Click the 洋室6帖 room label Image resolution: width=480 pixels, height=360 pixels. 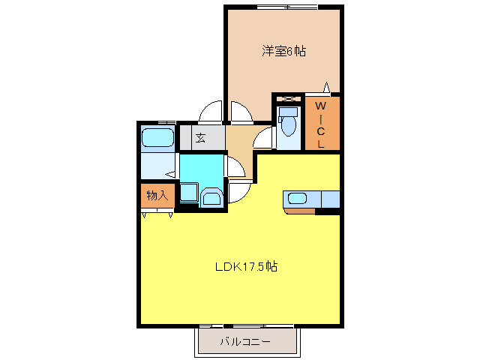(283, 52)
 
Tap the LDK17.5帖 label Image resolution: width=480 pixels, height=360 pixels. (247, 266)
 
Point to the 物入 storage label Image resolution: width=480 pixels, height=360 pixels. (157, 195)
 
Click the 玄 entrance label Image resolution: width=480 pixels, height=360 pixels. (200, 137)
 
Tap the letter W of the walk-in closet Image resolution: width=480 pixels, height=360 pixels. (320, 106)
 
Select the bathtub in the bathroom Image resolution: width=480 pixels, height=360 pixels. (157, 138)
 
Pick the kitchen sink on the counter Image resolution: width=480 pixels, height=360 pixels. (298, 199)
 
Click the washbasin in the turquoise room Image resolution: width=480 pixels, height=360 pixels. (212, 197)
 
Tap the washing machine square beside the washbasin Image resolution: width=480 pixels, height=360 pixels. (188, 192)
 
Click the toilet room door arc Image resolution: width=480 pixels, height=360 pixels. (263, 138)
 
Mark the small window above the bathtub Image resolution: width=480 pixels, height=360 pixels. (166, 122)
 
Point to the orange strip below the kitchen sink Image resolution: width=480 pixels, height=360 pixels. (299, 211)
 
